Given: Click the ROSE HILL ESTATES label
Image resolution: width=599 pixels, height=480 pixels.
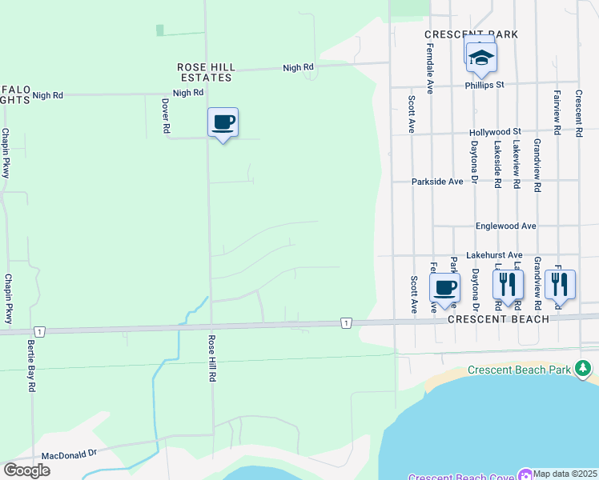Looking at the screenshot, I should pyautogui.click(x=204, y=72).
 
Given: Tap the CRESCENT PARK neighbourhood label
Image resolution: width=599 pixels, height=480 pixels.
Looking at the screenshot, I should pyautogui.click(x=471, y=34).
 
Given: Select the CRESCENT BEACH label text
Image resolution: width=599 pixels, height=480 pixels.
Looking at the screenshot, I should pyautogui.click(x=498, y=319).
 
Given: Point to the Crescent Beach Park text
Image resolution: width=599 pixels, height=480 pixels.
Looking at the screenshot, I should pyautogui.click(x=519, y=370).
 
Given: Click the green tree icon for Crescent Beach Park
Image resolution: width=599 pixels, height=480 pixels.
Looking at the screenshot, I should pyautogui.click(x=584, y=368).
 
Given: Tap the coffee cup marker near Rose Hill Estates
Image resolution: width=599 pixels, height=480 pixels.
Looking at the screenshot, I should pyautogui.click(x=223, y=123).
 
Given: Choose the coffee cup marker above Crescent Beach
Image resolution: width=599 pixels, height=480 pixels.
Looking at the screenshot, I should pyautogui.click(x=444, y=288).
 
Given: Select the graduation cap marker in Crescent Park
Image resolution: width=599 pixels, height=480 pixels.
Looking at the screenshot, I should pyautogui.click(x=481, y=58).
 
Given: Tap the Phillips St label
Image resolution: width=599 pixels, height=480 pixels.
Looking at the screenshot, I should pyautogui.click(x=484, y=84).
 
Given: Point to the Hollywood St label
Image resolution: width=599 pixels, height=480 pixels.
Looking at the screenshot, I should pyautogui.click(x=495, y=131).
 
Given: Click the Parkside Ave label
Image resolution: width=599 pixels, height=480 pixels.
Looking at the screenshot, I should pyautogui.click(x=437, y=182).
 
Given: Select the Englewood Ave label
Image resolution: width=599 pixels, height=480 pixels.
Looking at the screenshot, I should pyautogui.click(x=505, y=226).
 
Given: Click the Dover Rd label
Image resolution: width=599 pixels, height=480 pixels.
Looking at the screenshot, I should pyautogui.click(x=166, y=116).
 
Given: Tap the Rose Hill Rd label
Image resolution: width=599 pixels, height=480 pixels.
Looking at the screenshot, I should pyautogui.click(x=213, y=358).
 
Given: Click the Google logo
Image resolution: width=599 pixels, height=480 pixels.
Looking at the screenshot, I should pyautogui.click(x=26, y=470).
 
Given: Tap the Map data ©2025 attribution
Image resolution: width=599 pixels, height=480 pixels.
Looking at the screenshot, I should pyautogui.click(x=565, y=474).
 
